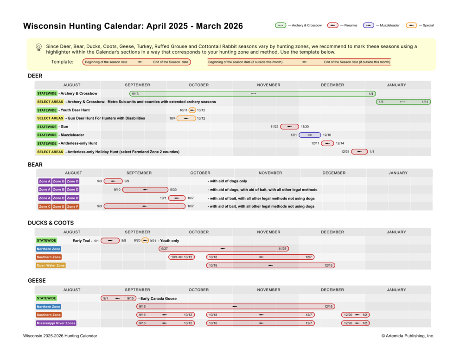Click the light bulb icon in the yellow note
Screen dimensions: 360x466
click(x=39, y=47)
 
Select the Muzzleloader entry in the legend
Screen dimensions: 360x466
click(x=382, y=26)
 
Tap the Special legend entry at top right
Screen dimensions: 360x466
click(x=420, y=26)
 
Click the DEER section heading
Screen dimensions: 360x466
click(x=35, y=76)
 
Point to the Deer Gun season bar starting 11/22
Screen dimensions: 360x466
click(x=289, y=127)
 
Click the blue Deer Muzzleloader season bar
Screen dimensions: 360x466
click(x=310, y=135)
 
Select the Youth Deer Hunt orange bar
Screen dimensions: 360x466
click(x=192, y=110)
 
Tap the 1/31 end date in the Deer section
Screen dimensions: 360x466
click(x=425, y=102)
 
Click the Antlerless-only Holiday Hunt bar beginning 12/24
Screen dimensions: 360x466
click(x=359, y=152)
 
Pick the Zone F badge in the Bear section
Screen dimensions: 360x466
click(x=73, y=206)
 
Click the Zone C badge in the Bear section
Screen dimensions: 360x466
click(x=45, y=206)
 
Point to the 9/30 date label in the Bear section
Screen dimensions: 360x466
click(x=173, y=190)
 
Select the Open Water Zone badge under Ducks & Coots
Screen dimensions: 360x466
click(x=51, y=265)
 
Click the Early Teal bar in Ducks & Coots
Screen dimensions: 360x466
click(x=110, y=241)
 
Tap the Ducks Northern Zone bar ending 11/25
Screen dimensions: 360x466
click(x=223, y=249)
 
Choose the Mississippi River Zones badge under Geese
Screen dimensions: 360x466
click(x=56, y=323)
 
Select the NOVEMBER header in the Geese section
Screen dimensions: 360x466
click(x=268, y=290)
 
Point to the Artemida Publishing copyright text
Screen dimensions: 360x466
click(x=408, y=336)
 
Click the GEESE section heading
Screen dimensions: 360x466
click(x=37, y=281)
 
